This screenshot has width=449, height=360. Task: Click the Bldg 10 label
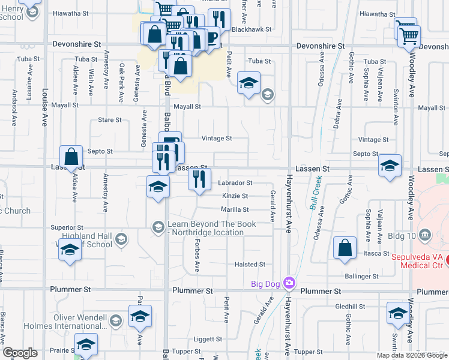click(x=440, y=233)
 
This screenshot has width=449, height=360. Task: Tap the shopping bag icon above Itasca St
click(x=345, y=249)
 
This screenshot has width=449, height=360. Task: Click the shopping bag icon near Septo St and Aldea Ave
click(x=71, y=158)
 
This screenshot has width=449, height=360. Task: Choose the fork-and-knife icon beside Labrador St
click(x=199, y=178)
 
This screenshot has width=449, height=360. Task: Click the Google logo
click(x=20, y=353)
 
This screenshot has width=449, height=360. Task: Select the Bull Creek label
click(x=316, y=191)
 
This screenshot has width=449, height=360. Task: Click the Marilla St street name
click(x=234, y=209)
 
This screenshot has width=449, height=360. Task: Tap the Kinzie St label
click(x=235, y=196)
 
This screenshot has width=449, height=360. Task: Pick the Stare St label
click(x=110, y=120)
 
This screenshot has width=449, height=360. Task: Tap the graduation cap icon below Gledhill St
click(x=397, y=314)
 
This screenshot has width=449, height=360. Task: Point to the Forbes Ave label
click(x=196, y=254)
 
